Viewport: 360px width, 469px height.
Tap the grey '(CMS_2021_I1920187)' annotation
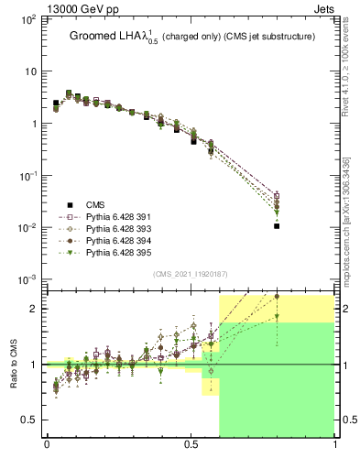pos(190,274)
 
